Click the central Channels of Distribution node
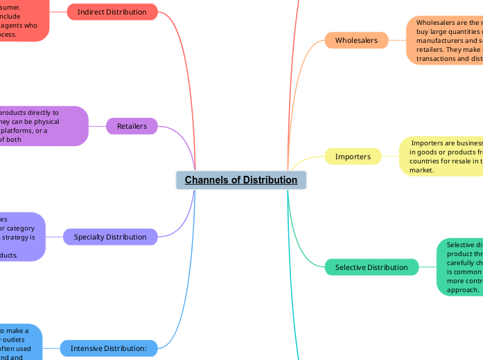(240, 180)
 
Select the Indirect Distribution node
(112, 12)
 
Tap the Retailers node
(132, 126)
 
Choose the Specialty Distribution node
(110, 237)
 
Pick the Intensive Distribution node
(109, 348)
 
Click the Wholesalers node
(356, 40)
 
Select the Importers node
(353, 156)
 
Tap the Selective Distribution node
(371, 267)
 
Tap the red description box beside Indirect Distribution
(24, 20)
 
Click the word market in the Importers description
(421, 170)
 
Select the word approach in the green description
(462, 290)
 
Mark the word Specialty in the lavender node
(91, 237)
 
